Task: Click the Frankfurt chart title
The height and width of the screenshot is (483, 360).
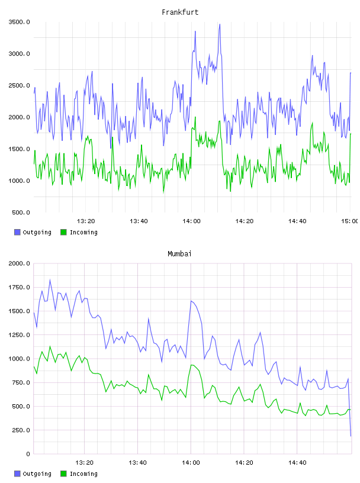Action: click(x=180, y=12)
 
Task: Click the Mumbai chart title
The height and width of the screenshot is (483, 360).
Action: click(x=179, y=254)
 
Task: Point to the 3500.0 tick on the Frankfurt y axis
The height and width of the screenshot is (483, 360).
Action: click(x=19, y=22)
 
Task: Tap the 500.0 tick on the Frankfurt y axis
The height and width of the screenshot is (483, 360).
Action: click(x=21, y=212)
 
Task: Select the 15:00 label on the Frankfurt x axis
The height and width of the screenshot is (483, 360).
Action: click(x=349, y=221)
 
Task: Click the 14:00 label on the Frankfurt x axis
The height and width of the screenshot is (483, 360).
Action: click(x=191, y=221)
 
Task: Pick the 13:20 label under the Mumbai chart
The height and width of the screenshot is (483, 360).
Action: click(x=85, y=463)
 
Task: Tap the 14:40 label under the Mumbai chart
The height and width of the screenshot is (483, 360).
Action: click(x=297, y=463)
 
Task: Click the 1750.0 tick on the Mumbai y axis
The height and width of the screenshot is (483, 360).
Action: click(x=19, y=288)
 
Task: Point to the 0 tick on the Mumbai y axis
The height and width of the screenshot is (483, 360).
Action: click(x=28, y=454)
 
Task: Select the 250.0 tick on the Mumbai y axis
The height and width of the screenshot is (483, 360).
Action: click(x=21, y=430)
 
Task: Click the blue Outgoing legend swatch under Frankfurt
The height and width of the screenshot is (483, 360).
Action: click(x=17, y=232)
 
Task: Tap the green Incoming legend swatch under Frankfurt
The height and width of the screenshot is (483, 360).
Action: click(x=63, y=232)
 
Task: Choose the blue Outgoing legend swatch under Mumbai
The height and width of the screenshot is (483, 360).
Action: click(x=17, y=474)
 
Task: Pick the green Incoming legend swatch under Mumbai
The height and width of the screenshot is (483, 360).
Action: click(x=63, y=474)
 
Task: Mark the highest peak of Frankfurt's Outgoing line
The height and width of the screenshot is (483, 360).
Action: click(x=220, y=24)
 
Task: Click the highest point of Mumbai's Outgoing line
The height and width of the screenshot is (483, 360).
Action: click(x=50, y=280)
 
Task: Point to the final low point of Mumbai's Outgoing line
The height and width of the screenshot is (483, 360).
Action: click(x=351, y=436)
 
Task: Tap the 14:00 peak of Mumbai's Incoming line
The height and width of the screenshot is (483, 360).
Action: click(x=191, y=365)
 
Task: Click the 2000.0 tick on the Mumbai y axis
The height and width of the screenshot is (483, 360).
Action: click(x=19, y=263)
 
